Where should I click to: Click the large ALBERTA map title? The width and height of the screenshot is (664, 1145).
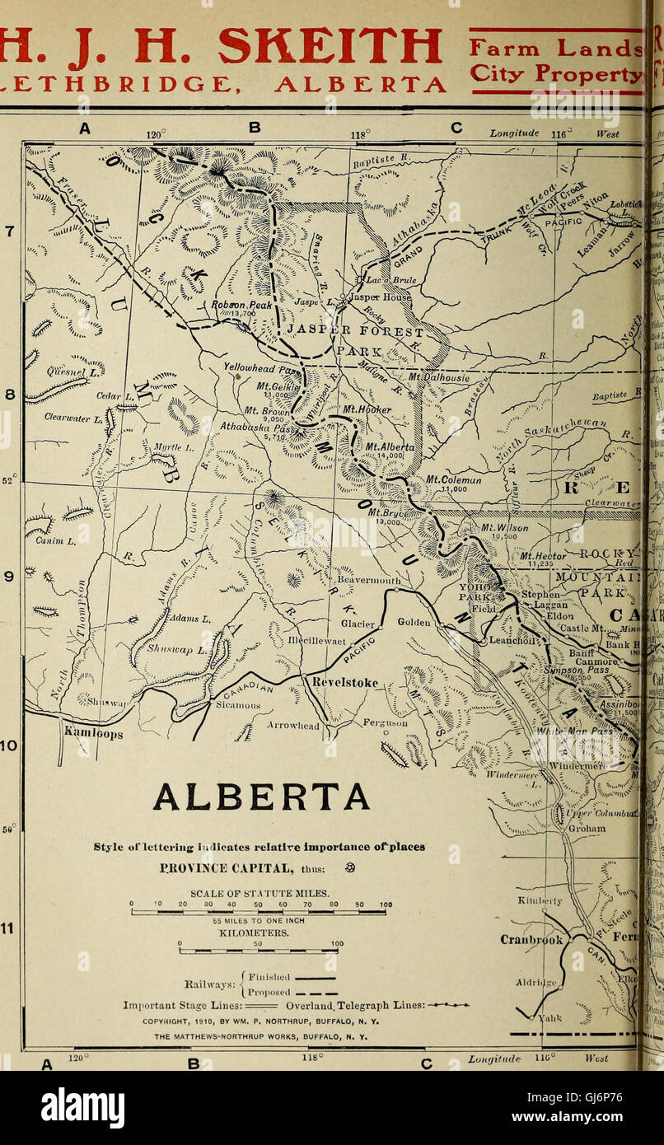click(x=261, y=797)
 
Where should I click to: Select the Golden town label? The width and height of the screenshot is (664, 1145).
click(x=414, y=623)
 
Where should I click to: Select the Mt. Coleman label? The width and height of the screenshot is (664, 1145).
click(x=454, y=479)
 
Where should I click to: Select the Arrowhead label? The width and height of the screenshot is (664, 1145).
click(x=292, y=726)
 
